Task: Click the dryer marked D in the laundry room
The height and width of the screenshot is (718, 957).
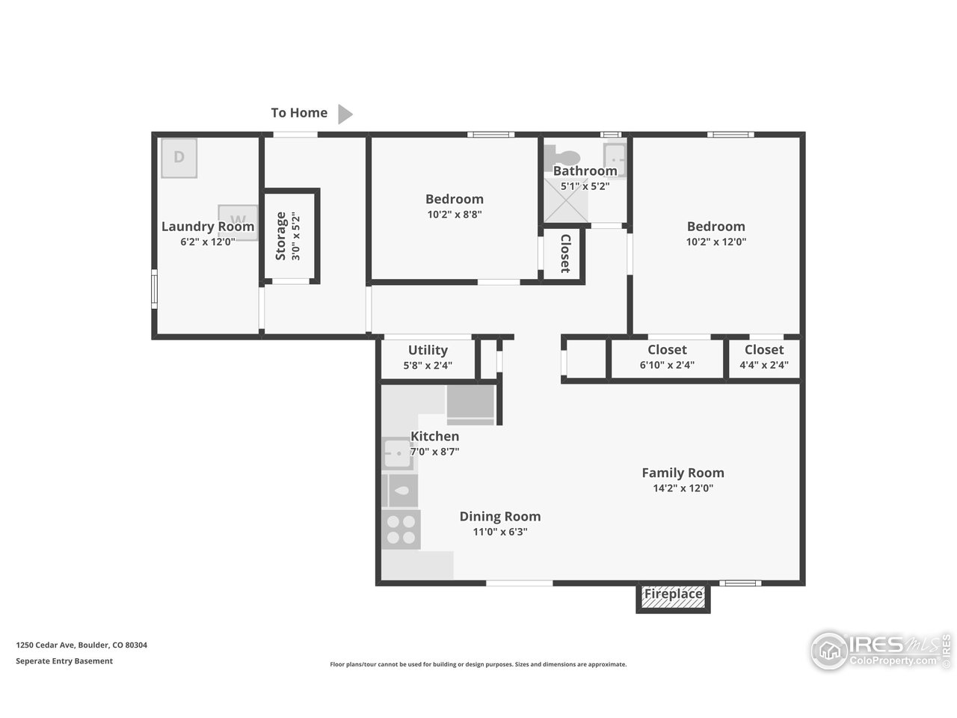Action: pyautogui.click(x=179, y=158)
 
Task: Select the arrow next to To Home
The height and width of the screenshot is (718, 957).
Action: pyautogui.click(x=344, y=114)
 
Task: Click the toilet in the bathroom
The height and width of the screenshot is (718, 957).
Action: pyautogui.click(x=563, y=157)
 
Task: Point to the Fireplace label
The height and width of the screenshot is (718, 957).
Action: pyautogui.click(x=673, y=595)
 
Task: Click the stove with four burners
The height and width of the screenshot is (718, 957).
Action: pyautogui.click(x=401, y=530)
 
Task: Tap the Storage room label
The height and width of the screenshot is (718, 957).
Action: pyautogui.click(x=281, y=236)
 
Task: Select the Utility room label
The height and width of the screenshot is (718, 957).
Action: pyautogui.click(x=428, y=350)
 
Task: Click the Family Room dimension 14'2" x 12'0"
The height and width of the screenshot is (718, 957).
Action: pyautogui.click(x=683, y=488)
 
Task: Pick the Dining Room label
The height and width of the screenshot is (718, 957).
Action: pyautogui.click(x=499, y=516)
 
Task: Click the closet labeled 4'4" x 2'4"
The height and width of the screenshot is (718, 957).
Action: pyautogui.click(x=763, y=358)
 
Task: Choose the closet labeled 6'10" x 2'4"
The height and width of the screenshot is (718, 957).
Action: pyautogui.click(x=667, y=358)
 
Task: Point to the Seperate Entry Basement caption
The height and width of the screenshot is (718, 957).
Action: pyautogui.click(x=64, y=661)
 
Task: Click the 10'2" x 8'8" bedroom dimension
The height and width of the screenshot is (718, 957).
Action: pyautogui.click(x=454, y=214)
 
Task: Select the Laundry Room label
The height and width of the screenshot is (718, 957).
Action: pyautogui.click(x=208, y=227)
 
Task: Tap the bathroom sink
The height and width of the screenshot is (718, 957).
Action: pyautogui.click(x=615, y=159)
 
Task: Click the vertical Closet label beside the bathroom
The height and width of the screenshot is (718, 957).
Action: pyautogui.click(x=564, y=254)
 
